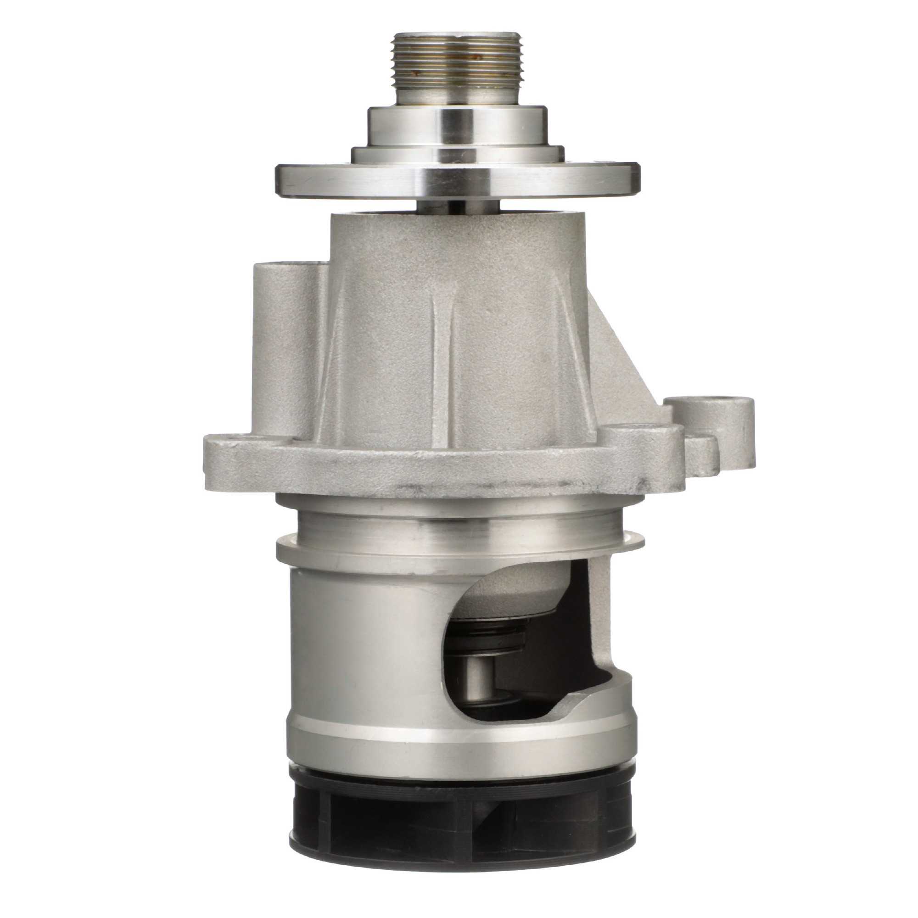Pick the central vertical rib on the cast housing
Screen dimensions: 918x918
[444, 361]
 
